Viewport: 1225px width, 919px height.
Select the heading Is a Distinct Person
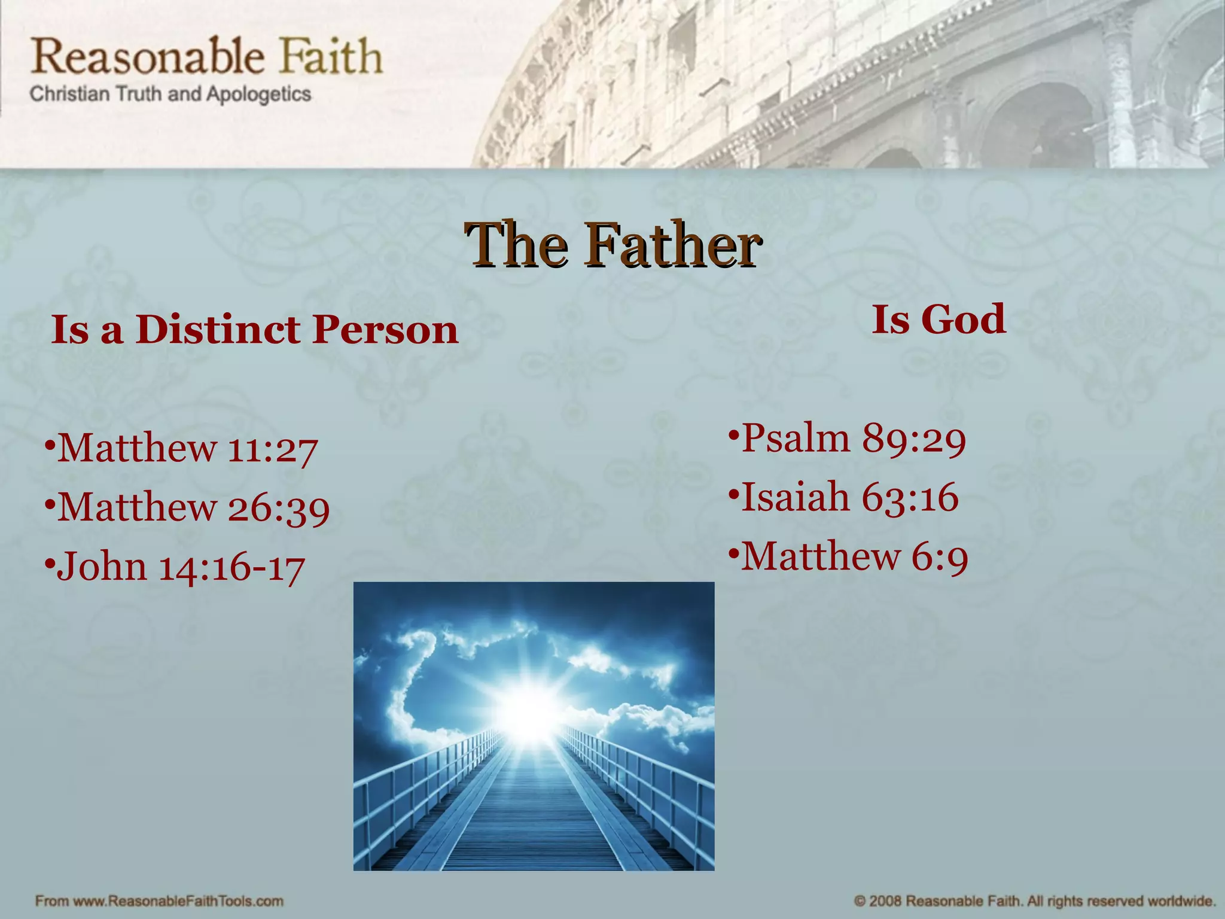coord(255,330)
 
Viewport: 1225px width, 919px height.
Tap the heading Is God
coord(938,319)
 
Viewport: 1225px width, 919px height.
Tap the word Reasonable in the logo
coord(147,56)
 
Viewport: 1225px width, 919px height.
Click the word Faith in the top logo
coord(331,56)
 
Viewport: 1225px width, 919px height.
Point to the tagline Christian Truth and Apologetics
coord(170,95)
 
